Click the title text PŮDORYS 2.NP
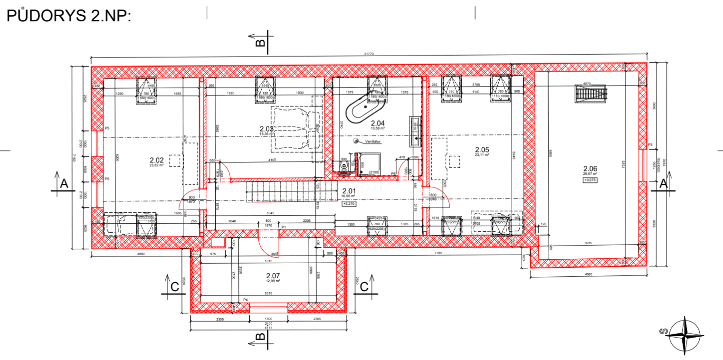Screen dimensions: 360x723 68,16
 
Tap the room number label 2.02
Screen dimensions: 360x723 156,161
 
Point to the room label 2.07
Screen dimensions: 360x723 273,275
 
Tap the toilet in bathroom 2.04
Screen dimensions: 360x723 345,165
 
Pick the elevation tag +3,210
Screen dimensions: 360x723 349,203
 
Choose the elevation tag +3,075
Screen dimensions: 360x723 590,180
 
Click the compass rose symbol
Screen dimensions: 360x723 684,335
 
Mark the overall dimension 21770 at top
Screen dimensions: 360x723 369,54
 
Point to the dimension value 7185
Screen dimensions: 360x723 438,253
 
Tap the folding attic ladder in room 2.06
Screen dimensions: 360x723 591,93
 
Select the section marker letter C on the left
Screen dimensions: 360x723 174,286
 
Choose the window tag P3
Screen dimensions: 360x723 650,145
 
